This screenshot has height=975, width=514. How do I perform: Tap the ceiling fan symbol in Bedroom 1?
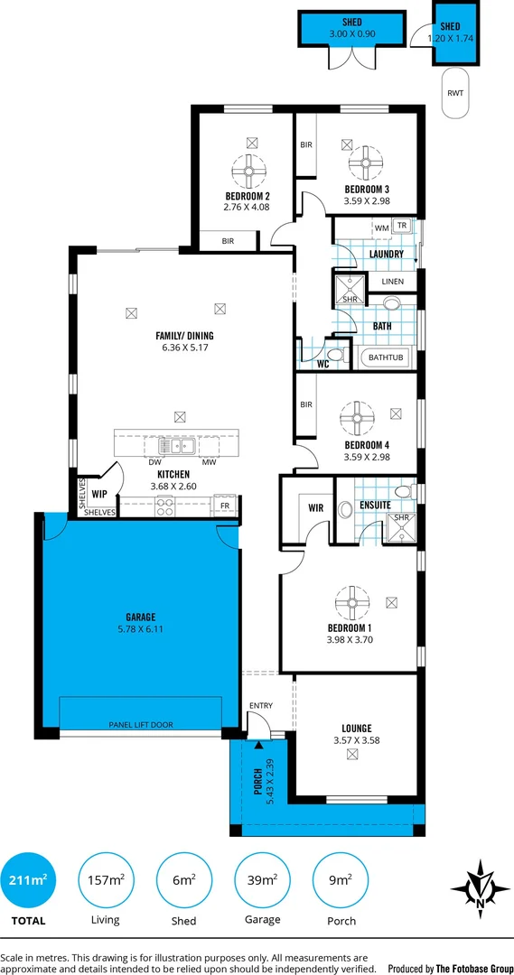tap(350, 601)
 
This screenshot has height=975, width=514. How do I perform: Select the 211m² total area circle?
tap(29, 880)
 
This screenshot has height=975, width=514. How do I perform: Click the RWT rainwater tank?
tap(457, 94)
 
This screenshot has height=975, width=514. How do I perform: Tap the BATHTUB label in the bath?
tap(387, 358)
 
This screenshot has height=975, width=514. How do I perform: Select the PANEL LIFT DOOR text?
tap(140, 724)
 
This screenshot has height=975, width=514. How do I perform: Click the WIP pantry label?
tap(99, 494)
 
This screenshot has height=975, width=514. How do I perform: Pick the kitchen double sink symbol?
tap(172, 445)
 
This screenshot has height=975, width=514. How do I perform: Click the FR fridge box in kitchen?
tap(225, 506)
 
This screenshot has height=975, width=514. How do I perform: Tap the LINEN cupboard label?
tap(392, 282)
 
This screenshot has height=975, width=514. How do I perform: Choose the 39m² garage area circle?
tap(257, 880)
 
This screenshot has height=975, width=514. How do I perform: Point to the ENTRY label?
tap(260, 706)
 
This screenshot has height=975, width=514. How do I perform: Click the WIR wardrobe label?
tap(315, 508)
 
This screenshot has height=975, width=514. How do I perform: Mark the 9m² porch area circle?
tap(334, 880)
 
